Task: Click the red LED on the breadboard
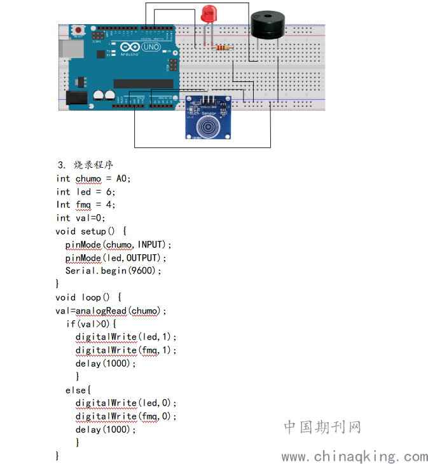tap(209, 14)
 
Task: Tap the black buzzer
tap(268, 25)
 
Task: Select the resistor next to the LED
tap(223, 48)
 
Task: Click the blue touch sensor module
tap(208, 118)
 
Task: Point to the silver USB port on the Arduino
tap(71, 48)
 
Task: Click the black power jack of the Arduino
tap(76, 98)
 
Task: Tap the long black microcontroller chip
tap(143, 83)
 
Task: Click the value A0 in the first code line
tap(121, 179)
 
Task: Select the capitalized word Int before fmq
tap(63, 205)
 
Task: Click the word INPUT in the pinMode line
tap(150, 245)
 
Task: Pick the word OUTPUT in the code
tap(141, 258)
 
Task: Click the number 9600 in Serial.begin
tap(141, 271)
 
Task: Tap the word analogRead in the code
tap(101, 311)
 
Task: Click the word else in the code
tap(76, 390)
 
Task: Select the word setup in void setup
tap(93, 231)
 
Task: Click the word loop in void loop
tap(91, 297)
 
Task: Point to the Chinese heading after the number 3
tap(93, 165)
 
